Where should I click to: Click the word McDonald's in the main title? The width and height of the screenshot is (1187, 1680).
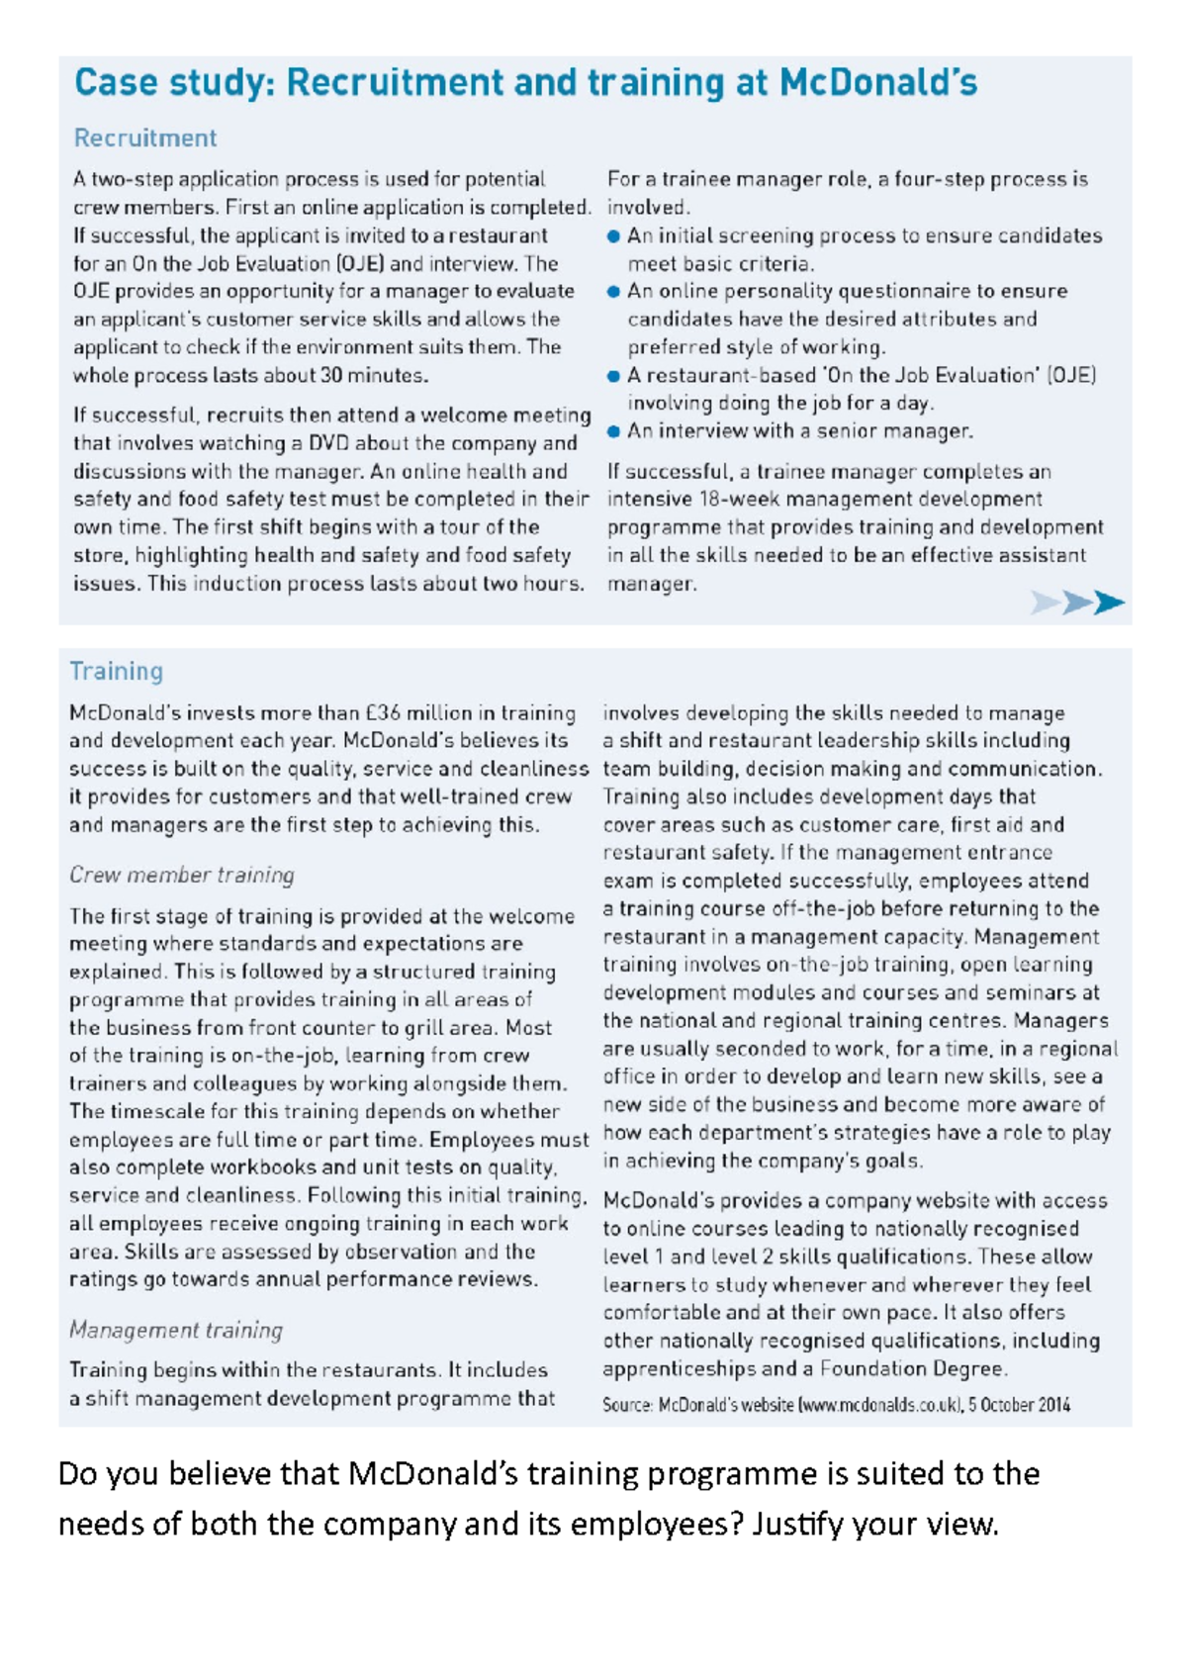click(x=877, y=82)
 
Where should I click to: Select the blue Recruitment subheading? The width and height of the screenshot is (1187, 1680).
click(x=145, y=138)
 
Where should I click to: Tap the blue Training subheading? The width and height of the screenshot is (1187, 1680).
click(x=117, y=671)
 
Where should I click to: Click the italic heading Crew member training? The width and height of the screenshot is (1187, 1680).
click(x=182, y=875)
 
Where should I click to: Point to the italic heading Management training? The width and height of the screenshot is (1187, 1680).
click(x=176, y=1330)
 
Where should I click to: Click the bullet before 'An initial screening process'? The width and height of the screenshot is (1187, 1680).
click(x=613, y=236)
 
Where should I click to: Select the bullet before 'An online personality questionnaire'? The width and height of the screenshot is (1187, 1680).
click(x=613, y=292)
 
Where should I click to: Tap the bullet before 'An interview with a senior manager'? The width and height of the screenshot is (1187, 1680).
click(x=613, y=431)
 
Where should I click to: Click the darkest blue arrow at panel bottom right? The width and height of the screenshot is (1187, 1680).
click(x=1109, y=602)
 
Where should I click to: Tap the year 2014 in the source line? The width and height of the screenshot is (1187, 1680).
click(x=1052, y=1404)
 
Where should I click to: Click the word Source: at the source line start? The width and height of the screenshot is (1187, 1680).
click(x=627, y=1404)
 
